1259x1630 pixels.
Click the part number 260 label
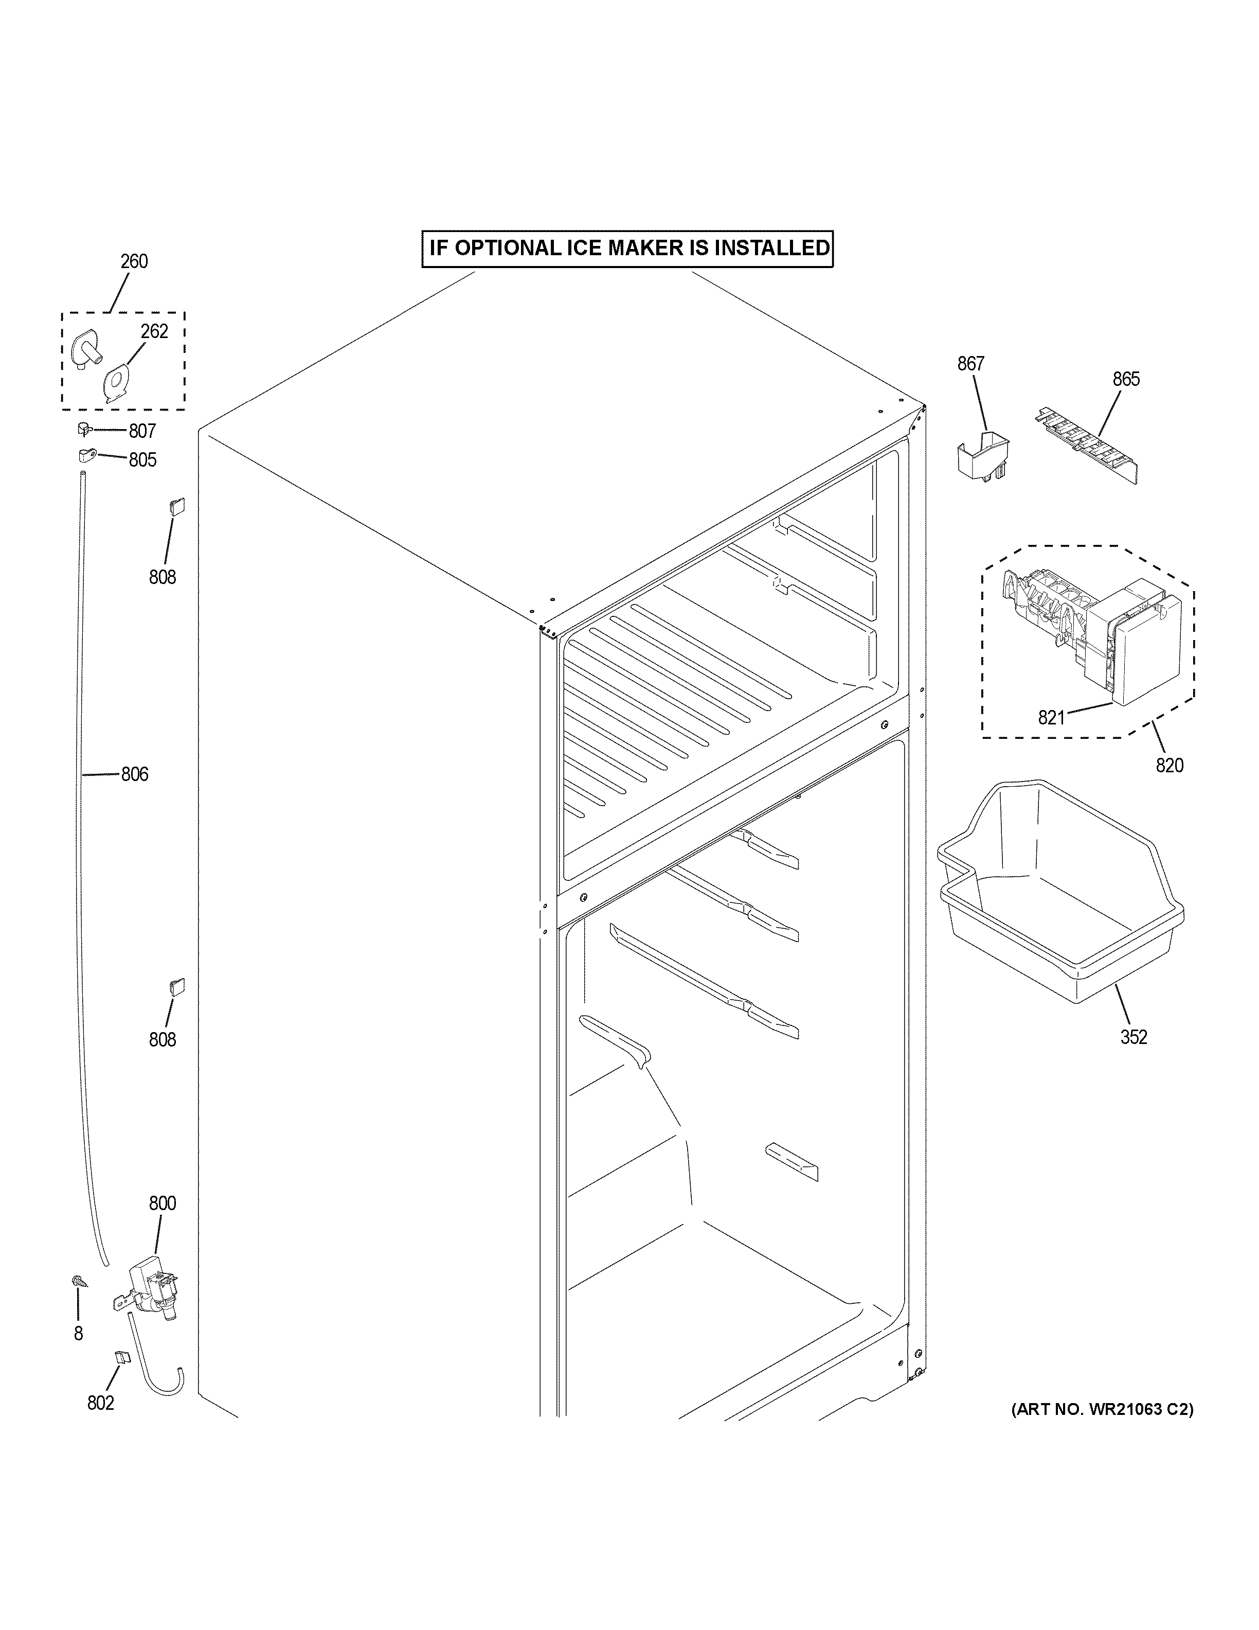pyautogui.click(x=134, y=261)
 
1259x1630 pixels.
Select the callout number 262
pyautogui.click(x=154, y=331)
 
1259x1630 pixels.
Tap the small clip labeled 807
pyautogui.click(x=83, y=429)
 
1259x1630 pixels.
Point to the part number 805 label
pyautogui.click(x=142, y=460)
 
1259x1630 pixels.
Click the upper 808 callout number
pyautogui.click(x=162, y=577)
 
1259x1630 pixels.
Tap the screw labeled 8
pyautogui.click(x=77, y=1281)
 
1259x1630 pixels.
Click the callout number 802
pyautogui.click(x=101, y=1403)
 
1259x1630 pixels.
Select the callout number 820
pyautogui.click(x=1170, y=765)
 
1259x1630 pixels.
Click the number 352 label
pyautogui.click(x=1133, y=1037)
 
